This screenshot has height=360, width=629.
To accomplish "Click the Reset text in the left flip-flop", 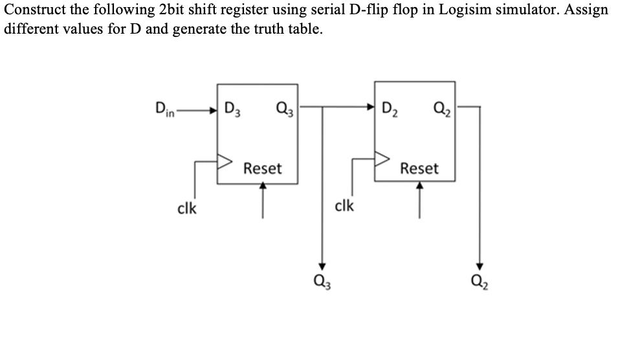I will (x=262, y=169).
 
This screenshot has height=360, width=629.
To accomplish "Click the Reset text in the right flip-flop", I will (x=419, y=169).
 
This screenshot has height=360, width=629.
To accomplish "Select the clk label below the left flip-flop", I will (x=188, y=208).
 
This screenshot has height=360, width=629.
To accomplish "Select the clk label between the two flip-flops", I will (x=344, y=206).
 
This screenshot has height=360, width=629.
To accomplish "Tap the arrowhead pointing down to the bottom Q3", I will (x=320, y=265).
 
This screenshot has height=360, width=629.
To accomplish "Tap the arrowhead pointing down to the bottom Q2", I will (x=480, y=265).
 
